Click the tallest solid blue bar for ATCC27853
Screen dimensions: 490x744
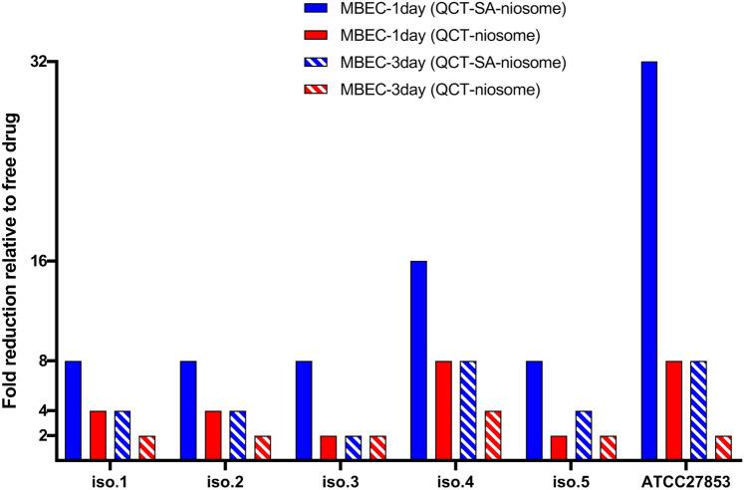[x=649, y=260]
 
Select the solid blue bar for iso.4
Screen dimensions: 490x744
[x=419, y=360]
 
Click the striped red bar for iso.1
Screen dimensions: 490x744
[x=146, y=447]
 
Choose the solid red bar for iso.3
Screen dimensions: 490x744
[x=330, y=447]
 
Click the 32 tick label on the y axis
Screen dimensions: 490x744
[x=40, y=62]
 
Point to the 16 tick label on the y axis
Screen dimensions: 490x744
[x=40, y=261]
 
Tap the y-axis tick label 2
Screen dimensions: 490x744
[x=45, y=435]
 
